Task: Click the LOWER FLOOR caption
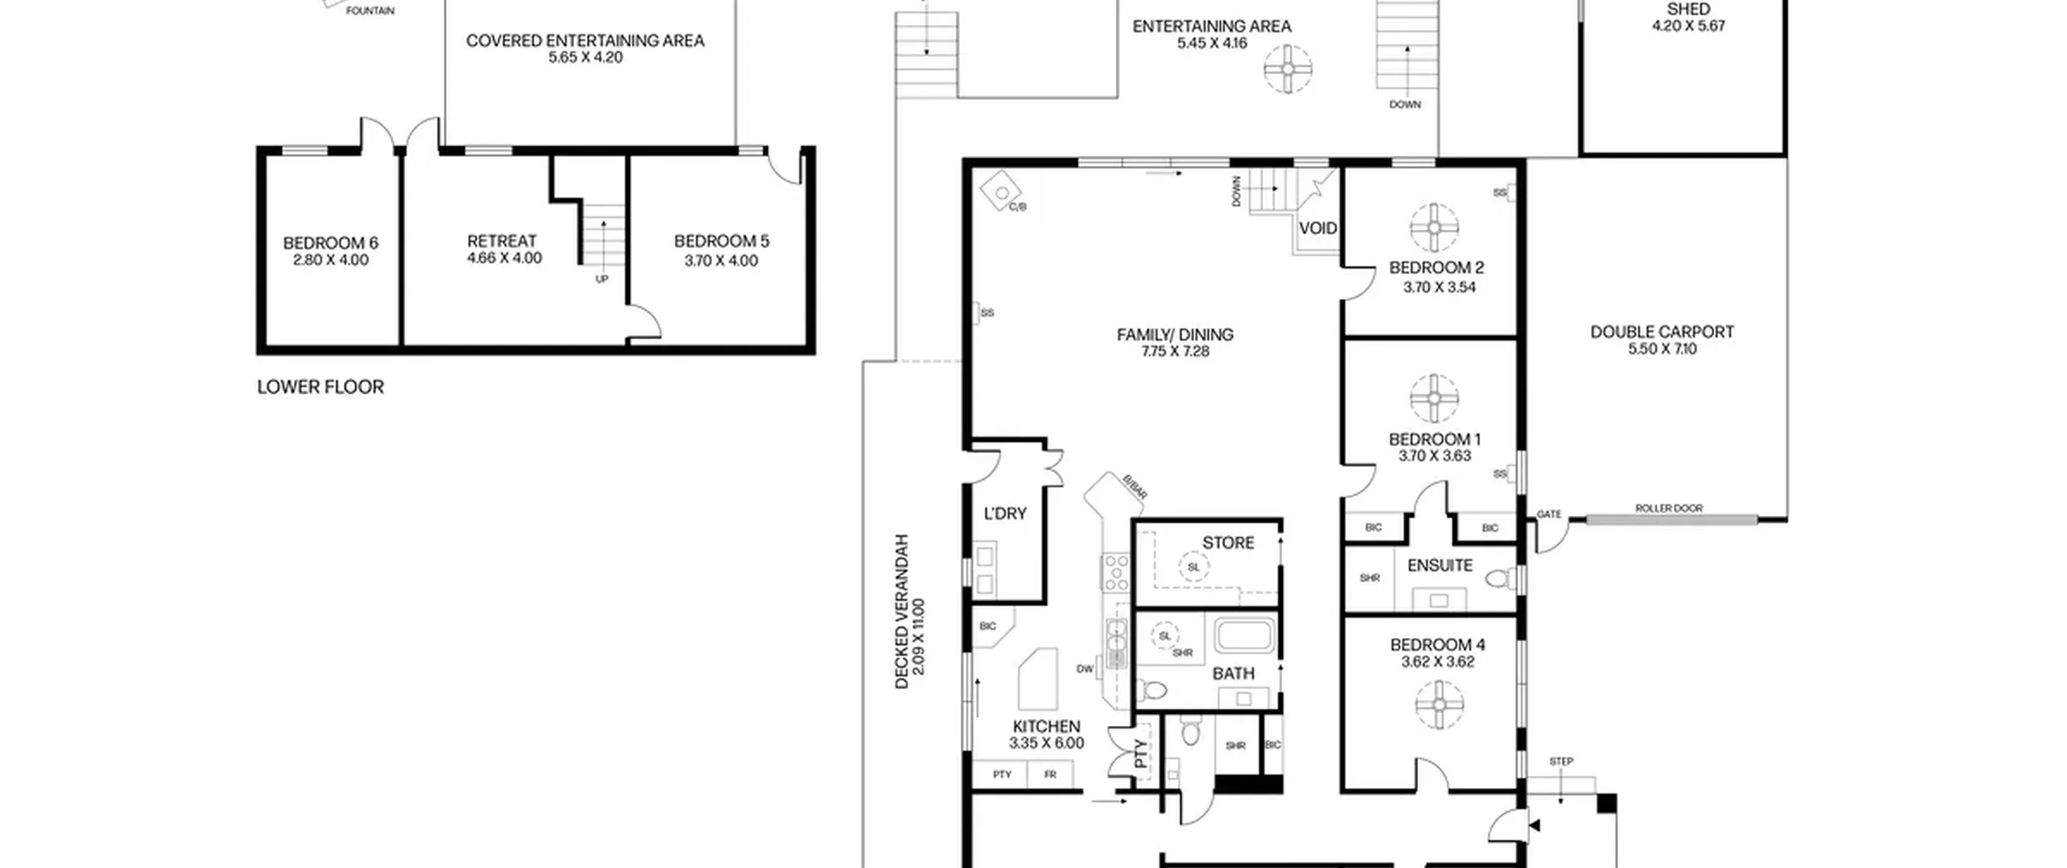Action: click(321, 387)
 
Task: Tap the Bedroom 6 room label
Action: click(330, 243)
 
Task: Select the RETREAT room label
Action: click(501, 241)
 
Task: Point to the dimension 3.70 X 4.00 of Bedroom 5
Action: click(721, 261)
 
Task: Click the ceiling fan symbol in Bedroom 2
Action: click(1434, 227)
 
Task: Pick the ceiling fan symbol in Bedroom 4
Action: click(1440, 704)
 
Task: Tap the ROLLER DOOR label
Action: click(1669, 508)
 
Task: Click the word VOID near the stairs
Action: click(1318, 229)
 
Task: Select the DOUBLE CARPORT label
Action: click(1662, 332)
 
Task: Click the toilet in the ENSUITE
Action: click(1501, 579)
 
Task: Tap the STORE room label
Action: click(1228, 543)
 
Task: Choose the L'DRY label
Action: click(1005, 514)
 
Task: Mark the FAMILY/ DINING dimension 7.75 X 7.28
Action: click(1176, 351)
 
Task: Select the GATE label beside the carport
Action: click(1549, 514)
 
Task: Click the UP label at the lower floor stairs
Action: click(602, 279)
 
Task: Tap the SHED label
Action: click(1688, 9)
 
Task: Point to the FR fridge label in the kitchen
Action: click(1050, 774)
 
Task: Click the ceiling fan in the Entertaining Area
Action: click(1288, 69)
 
